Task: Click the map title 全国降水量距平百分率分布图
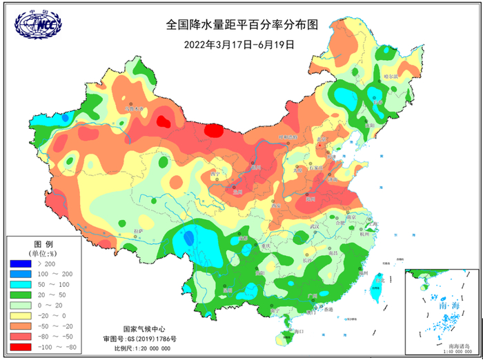pos(241,25)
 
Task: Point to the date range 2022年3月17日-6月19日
pos(239,44)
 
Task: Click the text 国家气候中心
pos(144,329)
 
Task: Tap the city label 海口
pos(298,332)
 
